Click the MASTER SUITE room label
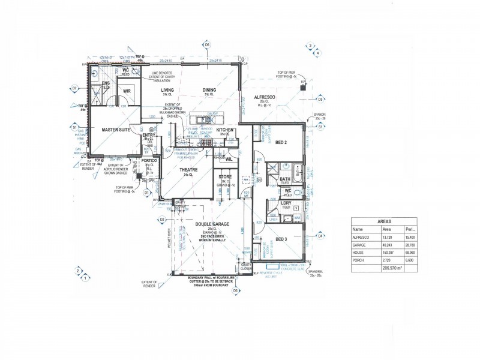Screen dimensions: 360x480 coord(116,129)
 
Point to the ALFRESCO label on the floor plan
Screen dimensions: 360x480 coord(265,97)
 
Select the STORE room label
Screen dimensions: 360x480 coord(224,176)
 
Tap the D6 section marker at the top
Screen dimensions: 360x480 coord(207,45)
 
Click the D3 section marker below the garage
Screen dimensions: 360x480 coord(236,290)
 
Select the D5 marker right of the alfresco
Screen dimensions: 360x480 coord(321,99)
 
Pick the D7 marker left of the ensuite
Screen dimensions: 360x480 coord(75,88)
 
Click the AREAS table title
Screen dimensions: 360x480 coord(384,221)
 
